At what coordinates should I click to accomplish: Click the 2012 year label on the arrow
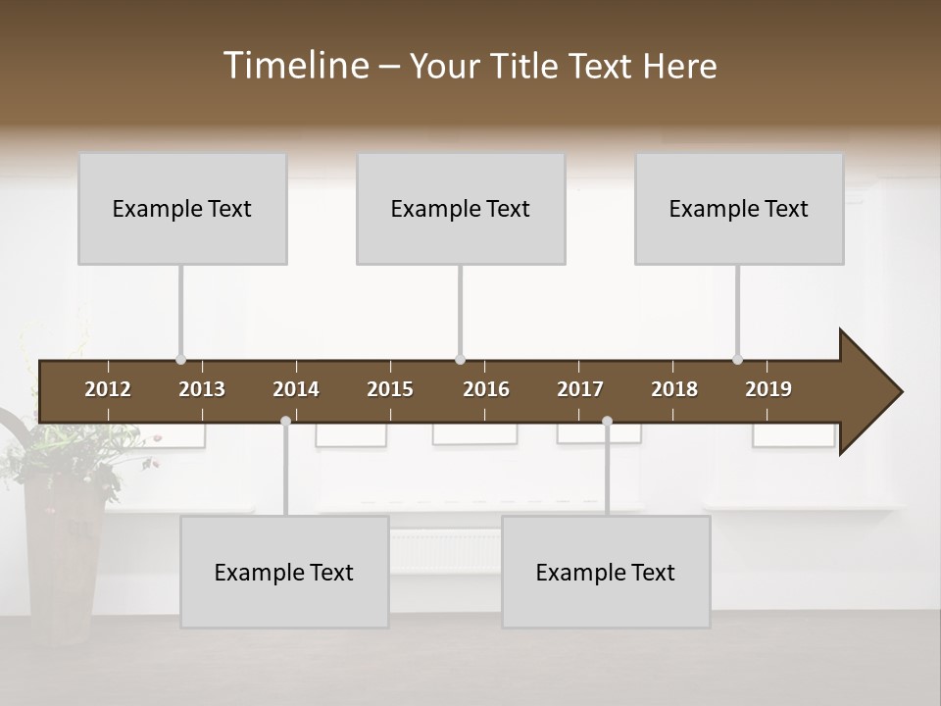click(x=108, y=389)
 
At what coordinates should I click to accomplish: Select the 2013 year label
click(x=202, y=389)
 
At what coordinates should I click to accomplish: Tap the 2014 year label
click(x=296, y=389)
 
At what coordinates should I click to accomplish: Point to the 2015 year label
click(x=390, y=389)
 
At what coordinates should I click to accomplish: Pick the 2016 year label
click(x=486, y=389)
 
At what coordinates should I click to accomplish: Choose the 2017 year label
click(x=580, y=389)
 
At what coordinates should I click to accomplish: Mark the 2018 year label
click(x=674, y=389)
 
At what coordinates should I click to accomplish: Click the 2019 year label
click(x=768, y=389)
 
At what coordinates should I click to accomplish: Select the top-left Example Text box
click(x=182, y=208)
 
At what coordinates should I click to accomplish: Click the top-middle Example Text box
click(x=461, y=208)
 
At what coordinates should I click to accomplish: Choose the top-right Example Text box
click(x=739, y=208)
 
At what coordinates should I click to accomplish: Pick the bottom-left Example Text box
click(x=284, y=572)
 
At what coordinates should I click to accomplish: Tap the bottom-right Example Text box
click(x=606, y=572)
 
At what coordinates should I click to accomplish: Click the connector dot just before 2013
click(x=180, y=360)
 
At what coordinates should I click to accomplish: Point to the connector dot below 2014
click(x=285, y=421)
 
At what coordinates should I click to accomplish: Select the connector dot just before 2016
click(x=460, y=360)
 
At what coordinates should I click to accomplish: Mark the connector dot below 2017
click(x=607, y=421)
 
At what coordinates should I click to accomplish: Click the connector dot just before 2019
click(x=737, y=360)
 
